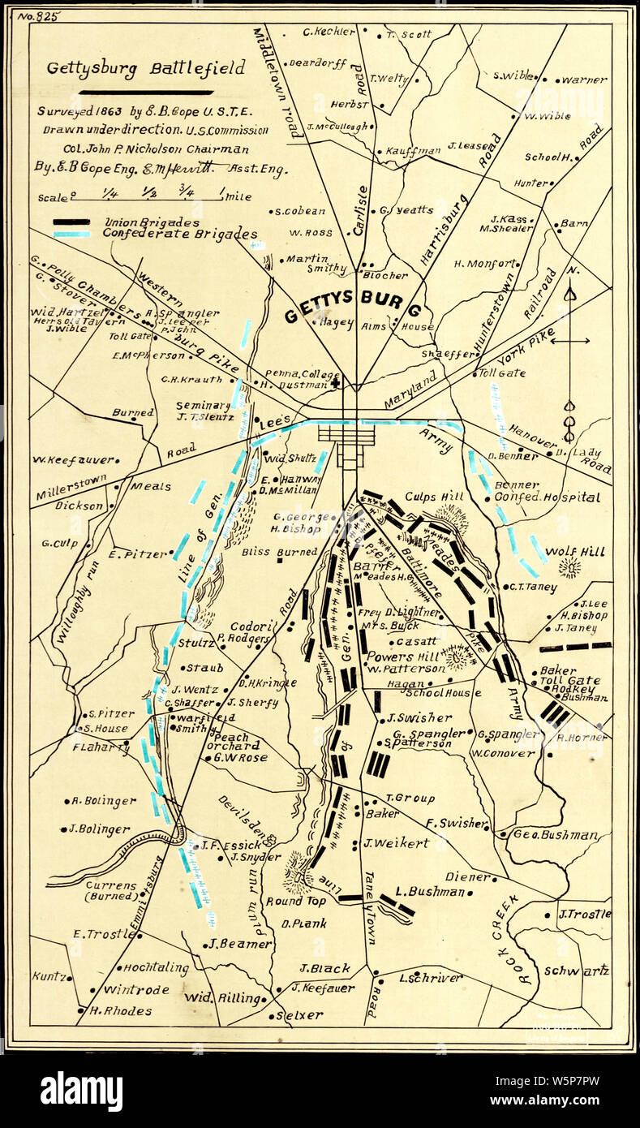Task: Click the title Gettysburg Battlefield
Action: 145,68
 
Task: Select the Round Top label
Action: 295,901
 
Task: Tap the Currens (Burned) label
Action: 112,889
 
